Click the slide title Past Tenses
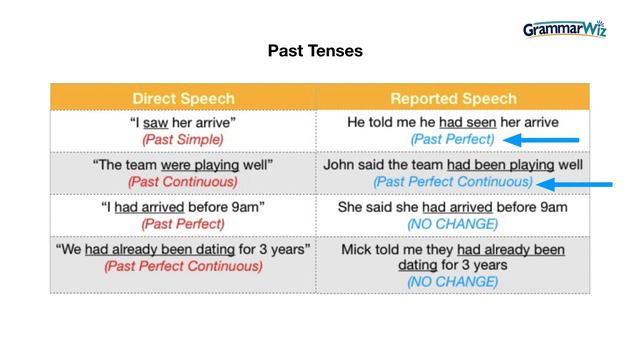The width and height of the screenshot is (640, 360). click(x=315, y=50)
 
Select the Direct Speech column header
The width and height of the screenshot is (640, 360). click(x=183, y=98)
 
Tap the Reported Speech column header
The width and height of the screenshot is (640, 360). click(x=453, y=98)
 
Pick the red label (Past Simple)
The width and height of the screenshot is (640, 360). click(x=183, y=139)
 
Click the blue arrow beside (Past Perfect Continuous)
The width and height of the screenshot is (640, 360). click(x=576, y=184)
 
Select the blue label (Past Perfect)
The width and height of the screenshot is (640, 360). click(x=453, y=139)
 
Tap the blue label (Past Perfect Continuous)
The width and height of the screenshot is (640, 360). click(x=453, y=182)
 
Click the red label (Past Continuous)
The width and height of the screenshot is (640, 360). click(x=183, y=182)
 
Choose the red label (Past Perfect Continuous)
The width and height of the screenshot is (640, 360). click(x=183, y=266)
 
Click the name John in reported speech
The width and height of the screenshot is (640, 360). click(x=340, y=164)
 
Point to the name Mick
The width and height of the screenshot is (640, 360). click(x=358, y=249)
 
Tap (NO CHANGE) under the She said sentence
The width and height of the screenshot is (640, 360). click(x=453, y=223)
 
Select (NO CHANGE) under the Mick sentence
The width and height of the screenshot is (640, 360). click(x=453, y=282)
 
